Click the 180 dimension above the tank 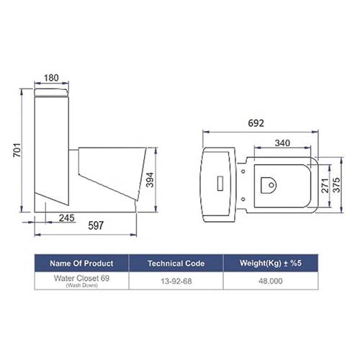click(51, 78)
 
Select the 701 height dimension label click(17, 150)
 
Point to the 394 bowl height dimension click(150, 180)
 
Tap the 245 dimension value click(67, 218)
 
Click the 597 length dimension click(96, 225)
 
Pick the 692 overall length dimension click(256, 123)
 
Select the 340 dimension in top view click(282, 143)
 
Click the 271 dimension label click(325, 186)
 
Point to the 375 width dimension click(337, 185)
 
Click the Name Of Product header click(81, 264)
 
